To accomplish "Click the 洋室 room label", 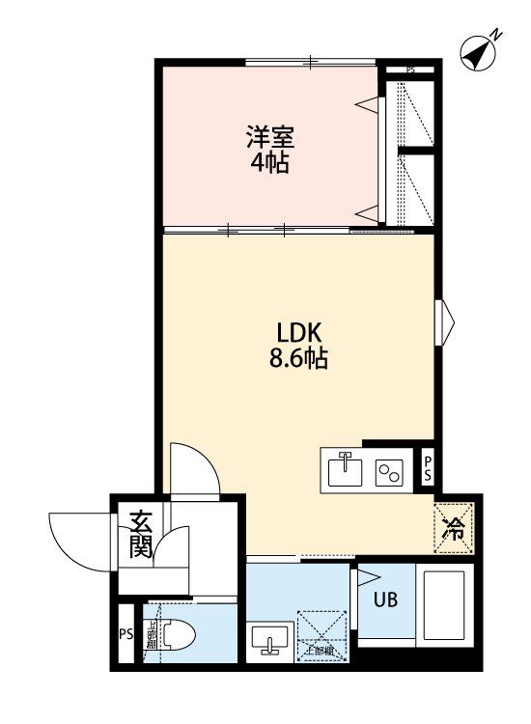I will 269,136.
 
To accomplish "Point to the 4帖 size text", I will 270,161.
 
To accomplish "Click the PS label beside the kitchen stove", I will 429,470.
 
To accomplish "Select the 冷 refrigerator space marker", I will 453,529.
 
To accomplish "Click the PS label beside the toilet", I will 125,634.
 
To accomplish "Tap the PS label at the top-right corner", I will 410,70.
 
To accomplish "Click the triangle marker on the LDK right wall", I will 447,321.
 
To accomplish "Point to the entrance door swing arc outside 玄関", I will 72,541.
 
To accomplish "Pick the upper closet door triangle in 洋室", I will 366,101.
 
